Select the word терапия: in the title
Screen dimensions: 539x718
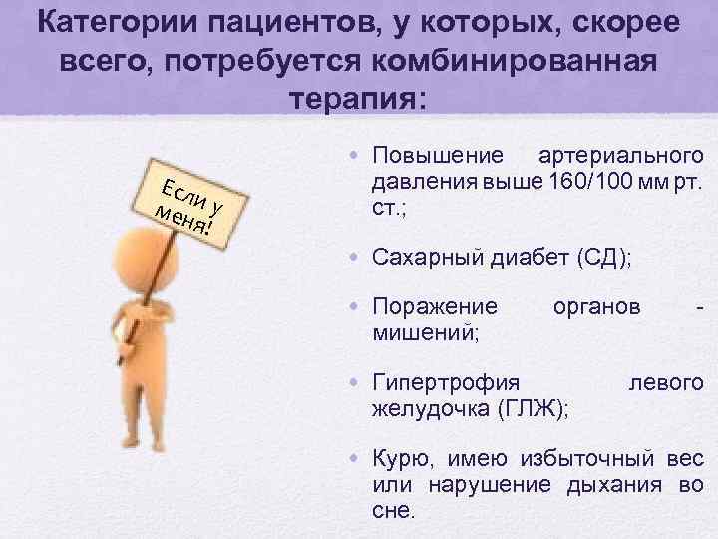point(357,100)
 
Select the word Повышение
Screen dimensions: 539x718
point(436,156)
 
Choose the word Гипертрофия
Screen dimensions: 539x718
point(445,382)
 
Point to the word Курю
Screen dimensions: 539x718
point(398,458)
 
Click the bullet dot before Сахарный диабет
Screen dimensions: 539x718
point(356,257)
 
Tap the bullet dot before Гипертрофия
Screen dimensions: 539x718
point(356,382)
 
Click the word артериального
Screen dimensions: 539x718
point(620,156)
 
